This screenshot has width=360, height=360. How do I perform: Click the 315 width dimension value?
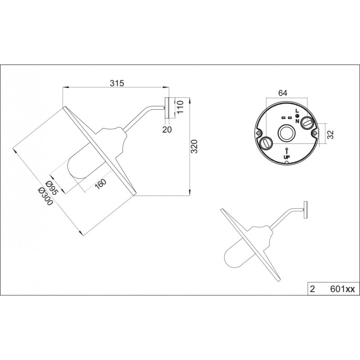pos(117,83)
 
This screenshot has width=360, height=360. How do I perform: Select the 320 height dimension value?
pos(194,146)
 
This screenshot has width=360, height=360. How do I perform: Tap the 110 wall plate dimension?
pos(180,106)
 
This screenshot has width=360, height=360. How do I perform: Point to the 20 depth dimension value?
pos(167,130)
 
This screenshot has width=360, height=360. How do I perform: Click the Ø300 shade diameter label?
pos(46,197)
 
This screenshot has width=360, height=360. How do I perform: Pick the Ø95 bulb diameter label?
pos(52,188)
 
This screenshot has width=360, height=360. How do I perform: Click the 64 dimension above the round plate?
pos(283,93)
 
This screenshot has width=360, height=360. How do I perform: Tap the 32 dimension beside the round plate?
pos(330,134)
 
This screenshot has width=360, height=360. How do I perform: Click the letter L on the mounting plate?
pos(297,111)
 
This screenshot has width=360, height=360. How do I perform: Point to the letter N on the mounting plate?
pos(297,121)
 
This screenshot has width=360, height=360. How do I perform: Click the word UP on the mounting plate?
pos(287,157)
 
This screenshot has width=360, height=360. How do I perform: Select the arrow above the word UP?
pos(287,151)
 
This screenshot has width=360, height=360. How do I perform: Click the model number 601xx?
pos(343,289)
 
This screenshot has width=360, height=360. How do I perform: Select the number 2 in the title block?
pos(312,289)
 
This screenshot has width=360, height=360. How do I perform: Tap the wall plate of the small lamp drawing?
pos(305,210)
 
